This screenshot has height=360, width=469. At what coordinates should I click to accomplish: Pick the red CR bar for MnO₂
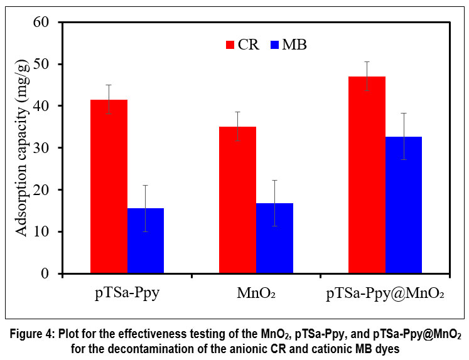tap(237, 200)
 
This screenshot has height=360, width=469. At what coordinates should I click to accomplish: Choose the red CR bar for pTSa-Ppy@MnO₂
tap(367, 175)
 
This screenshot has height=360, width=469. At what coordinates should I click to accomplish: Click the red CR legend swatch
tap(230, 45)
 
